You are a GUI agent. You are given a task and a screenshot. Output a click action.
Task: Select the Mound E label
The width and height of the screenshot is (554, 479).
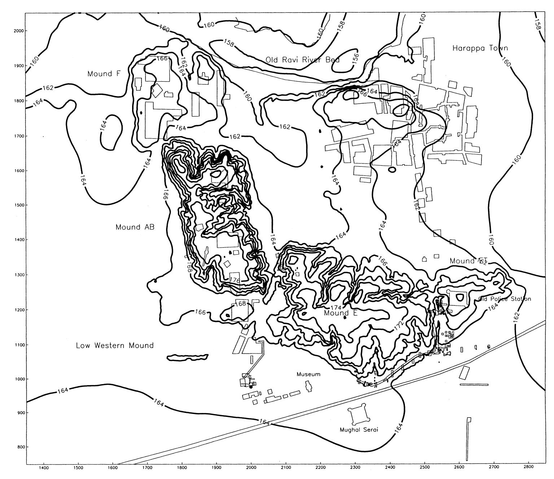coord(340,313)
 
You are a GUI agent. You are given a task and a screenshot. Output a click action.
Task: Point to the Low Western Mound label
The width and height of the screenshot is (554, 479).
coord(115,345)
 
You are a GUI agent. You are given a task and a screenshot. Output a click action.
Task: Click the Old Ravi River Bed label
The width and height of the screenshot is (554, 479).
coord(302,60)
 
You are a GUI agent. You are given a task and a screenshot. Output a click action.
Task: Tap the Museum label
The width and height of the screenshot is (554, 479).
coord(308,374)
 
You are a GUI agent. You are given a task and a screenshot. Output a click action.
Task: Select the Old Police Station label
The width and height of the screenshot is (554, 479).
coord(505,299)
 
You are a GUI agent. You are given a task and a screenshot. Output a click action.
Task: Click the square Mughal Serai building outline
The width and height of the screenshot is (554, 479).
coord(359,415)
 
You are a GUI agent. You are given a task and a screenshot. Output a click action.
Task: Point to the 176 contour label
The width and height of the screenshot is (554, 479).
coord(235,280)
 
